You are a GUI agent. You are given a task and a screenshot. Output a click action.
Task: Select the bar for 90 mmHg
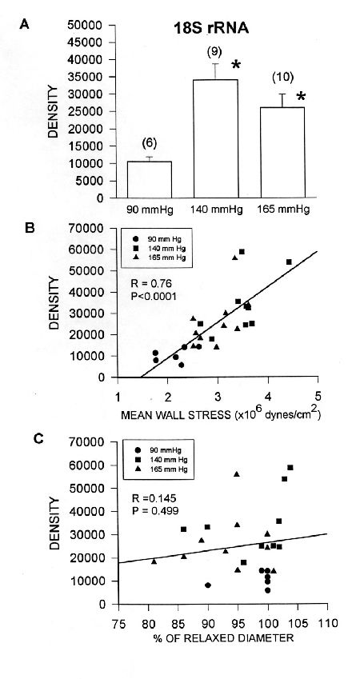pos(149,180)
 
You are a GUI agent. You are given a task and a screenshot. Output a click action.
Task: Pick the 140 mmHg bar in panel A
pos(215,138)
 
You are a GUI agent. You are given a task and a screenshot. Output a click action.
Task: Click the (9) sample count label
pos(214,53)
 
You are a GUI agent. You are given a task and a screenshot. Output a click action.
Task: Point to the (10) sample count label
pos(283,78)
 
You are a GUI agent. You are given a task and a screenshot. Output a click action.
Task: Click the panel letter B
pos(30,228)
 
